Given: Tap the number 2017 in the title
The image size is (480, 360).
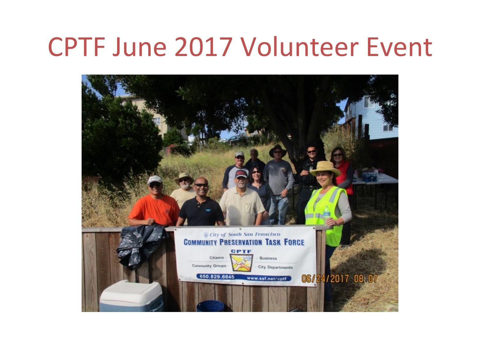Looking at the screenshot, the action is point(204,47).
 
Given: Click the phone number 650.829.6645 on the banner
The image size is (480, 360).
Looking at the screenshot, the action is point(217,277).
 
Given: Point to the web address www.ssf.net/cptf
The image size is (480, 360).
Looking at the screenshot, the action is point(267,278).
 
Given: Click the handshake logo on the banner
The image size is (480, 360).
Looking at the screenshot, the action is point(241,262).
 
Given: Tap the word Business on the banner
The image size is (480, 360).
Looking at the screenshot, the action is point(268,258).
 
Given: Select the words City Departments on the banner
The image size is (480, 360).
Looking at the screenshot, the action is point(275,267).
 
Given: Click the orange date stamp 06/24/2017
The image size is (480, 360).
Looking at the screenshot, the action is point(325,278).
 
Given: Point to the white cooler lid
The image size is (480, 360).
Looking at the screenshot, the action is point(131,292).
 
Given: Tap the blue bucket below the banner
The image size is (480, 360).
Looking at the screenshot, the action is point(210,306).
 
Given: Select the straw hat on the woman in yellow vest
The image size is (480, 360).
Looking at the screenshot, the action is point(325,169).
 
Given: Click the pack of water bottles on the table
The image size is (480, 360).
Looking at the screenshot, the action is point(369,176).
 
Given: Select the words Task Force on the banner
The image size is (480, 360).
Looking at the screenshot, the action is point(285,242).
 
